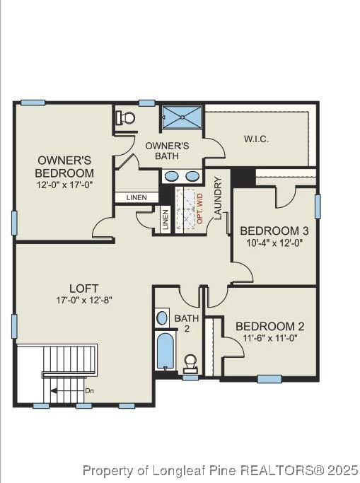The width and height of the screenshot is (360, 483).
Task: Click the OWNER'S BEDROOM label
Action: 65,166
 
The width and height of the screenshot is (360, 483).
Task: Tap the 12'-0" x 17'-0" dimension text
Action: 65,184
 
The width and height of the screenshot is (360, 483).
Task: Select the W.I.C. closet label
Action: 255,138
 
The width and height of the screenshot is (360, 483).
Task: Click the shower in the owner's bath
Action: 182,117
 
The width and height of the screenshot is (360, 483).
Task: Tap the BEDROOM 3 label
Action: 274,231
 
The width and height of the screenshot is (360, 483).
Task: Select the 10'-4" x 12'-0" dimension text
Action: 274,243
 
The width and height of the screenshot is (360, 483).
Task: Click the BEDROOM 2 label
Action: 269,326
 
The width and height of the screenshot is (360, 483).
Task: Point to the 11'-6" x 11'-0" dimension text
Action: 269,338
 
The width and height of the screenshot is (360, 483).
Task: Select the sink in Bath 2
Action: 163,317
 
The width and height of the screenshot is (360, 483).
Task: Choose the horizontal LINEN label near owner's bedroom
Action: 137,197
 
